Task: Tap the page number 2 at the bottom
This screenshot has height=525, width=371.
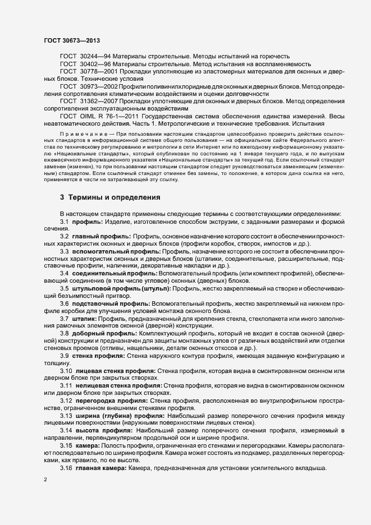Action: click(x=45, y=480)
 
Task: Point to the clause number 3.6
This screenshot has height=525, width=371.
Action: click(x=64, y=303)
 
